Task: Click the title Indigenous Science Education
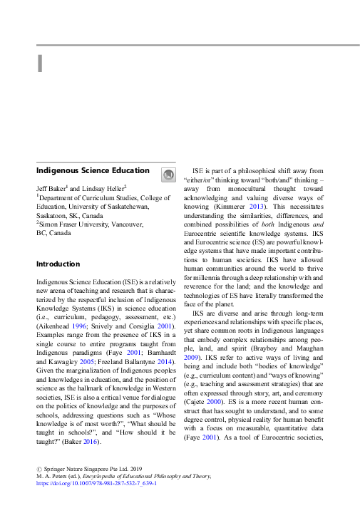coord(93,171)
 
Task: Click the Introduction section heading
coord(58,264)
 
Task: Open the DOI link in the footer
coord(96,482)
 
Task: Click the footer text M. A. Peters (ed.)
coord(65,475)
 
